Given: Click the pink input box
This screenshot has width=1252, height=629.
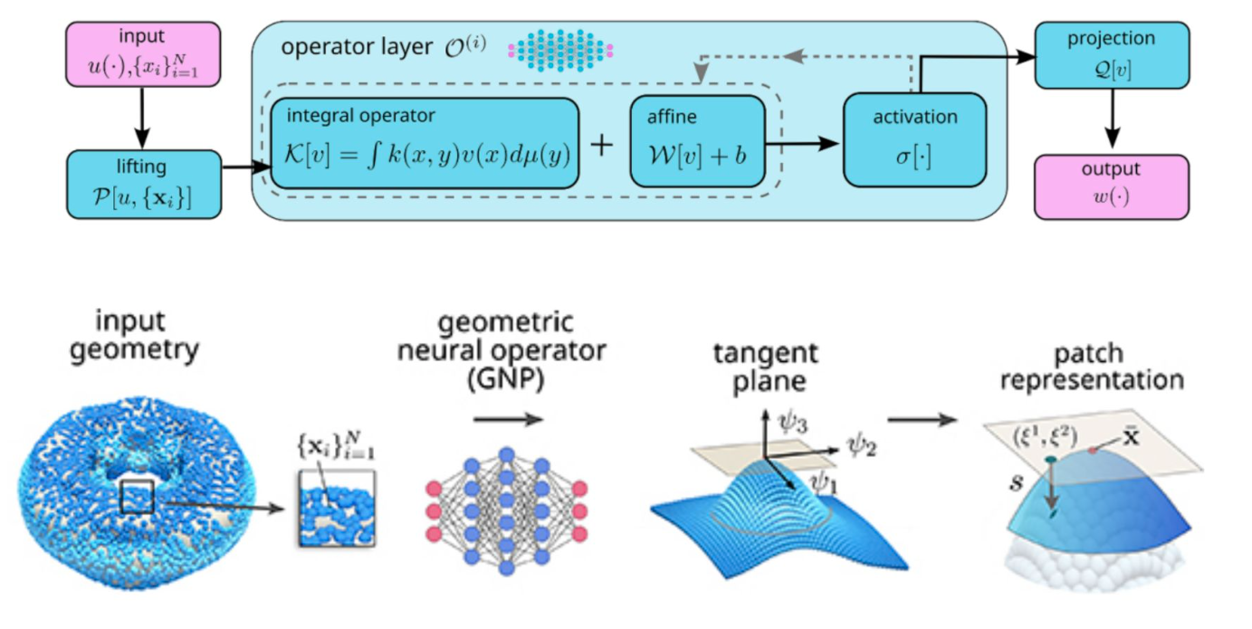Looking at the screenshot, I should click(x=143, y=54).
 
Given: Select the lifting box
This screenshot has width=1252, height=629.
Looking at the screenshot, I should click(x=143, y=184).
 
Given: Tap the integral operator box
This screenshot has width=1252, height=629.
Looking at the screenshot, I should click(x=424, y=143).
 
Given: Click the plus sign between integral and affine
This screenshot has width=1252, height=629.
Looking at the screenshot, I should click(x=602, y=145).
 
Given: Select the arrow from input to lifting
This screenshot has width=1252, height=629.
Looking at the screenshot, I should click(x=143, y=118).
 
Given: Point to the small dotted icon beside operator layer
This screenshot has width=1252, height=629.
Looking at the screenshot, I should click(x=561, y=48).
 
